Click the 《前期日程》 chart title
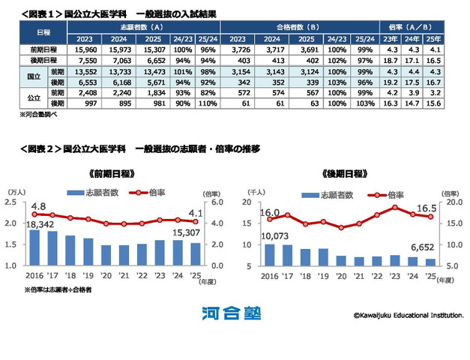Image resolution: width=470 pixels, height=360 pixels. (x=111, y=173)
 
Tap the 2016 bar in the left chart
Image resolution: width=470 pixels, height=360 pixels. (x=34, y=247)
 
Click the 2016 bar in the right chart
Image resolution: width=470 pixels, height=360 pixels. (x=269, y=255)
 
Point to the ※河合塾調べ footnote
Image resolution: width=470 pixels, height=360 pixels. (x=37, y=116)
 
